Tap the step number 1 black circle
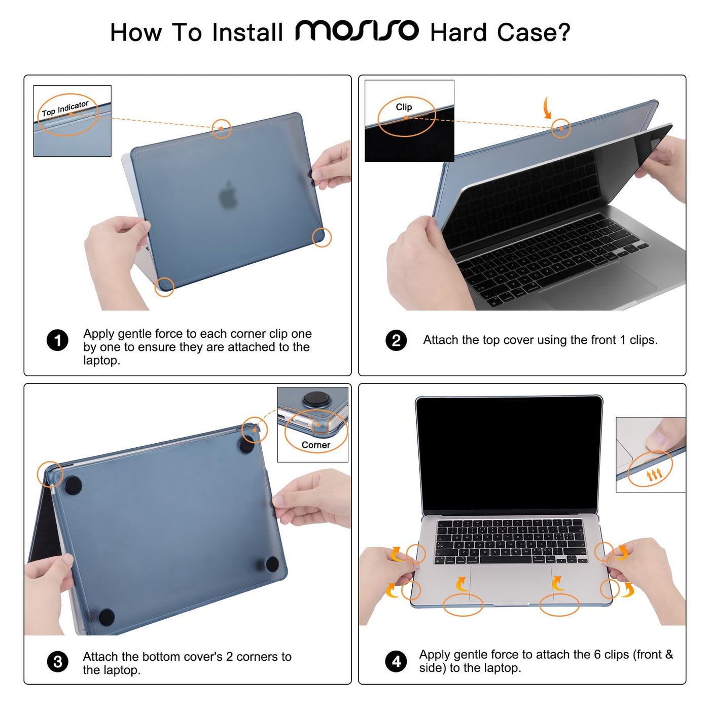point(57,340)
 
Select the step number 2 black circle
point(396,340)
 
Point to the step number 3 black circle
point(57,662)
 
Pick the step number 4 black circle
point(396,661)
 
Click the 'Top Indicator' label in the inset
point(65,109)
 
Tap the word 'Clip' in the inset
point(404,107)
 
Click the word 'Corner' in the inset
point(316,445)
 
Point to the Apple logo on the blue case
point(229,195)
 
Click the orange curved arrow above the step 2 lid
point(546,108)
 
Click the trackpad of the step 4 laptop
point(511,583)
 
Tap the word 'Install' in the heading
point(247,32)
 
